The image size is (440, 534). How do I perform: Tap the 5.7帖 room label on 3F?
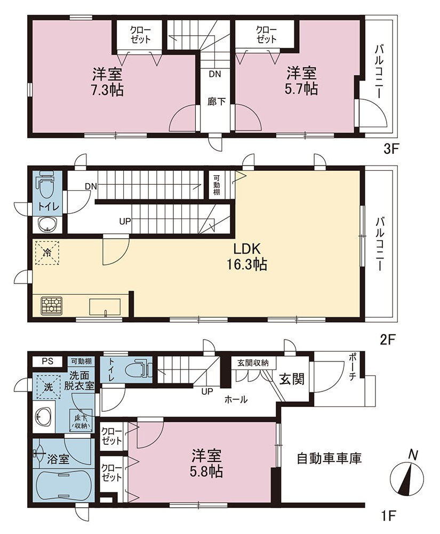(301, 81)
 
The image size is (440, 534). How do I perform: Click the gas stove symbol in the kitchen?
(51, 305)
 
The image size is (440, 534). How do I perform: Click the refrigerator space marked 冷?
(47, 253)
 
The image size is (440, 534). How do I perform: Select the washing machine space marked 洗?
(49, 387)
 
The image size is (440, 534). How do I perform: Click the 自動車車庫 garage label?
(329, 458)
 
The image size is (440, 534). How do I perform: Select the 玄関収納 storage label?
(253, 363)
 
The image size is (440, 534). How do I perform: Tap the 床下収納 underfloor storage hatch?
(81, 420)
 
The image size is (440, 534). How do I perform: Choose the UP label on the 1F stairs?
(207, 391)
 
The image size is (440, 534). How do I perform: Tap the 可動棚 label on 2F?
(217, 185)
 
